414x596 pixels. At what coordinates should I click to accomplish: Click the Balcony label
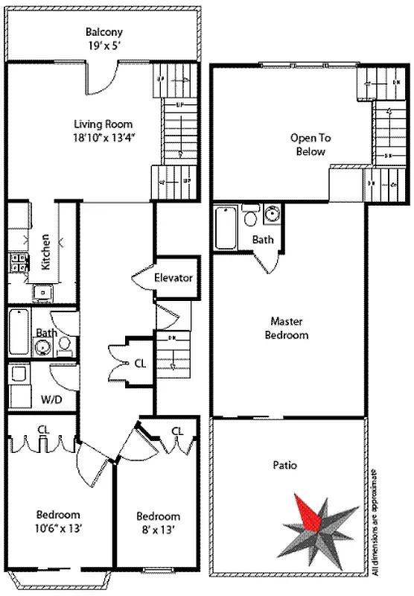coord(103,33)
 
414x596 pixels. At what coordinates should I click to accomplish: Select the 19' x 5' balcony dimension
coord(103,45)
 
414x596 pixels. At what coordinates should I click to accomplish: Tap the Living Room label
coord(103,124)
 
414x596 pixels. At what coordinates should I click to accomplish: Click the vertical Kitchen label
coord(46,253)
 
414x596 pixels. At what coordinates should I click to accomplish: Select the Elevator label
coord(173,278)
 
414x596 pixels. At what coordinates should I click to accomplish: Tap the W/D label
coord(52,401)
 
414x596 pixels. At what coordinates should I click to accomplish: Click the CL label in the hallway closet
coord(139,364)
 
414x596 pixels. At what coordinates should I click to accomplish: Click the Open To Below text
coord(310,145)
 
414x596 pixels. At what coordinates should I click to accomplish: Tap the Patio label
coord(284,466)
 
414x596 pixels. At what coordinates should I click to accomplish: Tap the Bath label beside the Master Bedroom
coord(262,240)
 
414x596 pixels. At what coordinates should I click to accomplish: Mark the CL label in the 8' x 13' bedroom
coord(177,431)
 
